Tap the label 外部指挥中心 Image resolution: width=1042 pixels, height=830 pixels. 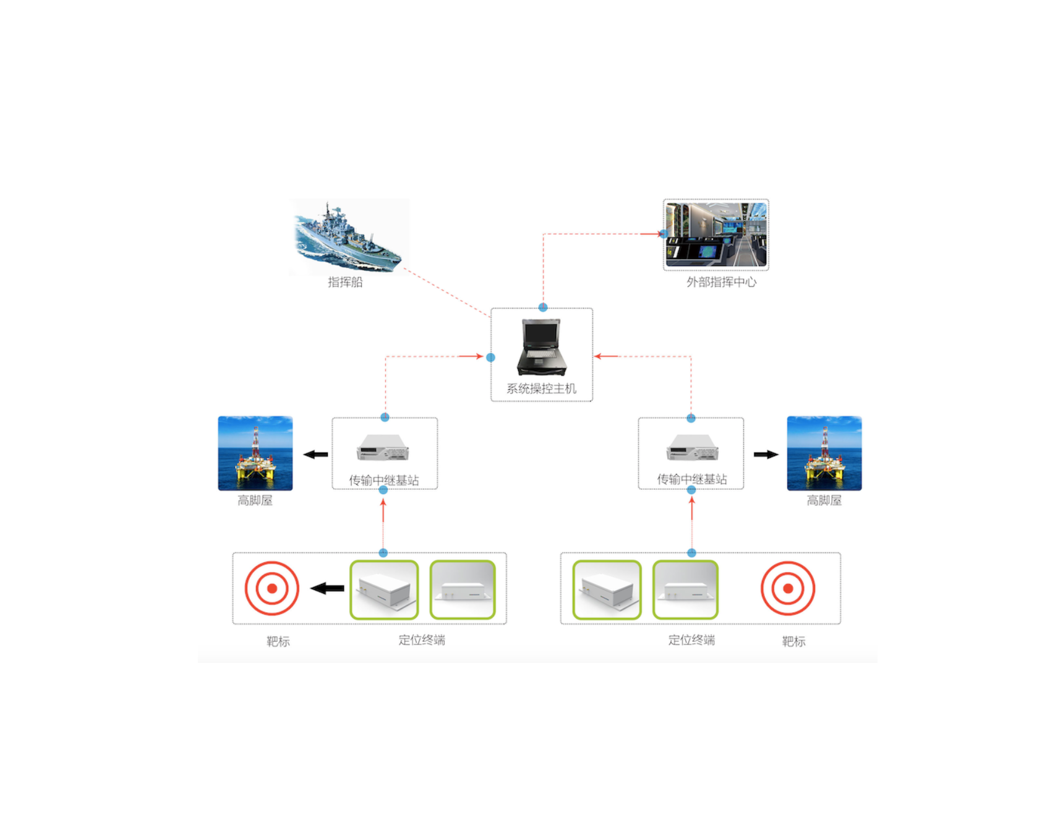point(721,282)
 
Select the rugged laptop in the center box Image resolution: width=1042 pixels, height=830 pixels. point(542,346)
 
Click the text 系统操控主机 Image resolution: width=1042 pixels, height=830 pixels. point(541,388)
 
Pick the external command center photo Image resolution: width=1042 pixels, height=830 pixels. point(716,234)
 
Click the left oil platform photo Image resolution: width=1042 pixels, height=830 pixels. point(255,453)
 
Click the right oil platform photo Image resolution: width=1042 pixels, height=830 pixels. point(824,453)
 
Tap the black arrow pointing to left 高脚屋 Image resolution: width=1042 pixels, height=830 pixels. point(316,455)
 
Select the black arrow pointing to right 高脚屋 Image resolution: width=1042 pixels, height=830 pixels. point(766,455)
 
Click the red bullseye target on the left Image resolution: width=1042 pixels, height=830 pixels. point(272,588)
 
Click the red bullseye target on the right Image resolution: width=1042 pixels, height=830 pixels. point(788,588)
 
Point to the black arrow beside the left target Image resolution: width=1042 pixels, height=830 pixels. point(327,588)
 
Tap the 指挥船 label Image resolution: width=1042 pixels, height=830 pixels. point(345,282)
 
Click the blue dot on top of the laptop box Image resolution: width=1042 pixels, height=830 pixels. point(543,307)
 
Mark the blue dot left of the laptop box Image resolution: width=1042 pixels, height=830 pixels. point(490,357)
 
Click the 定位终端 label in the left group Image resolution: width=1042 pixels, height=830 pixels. point(422,640)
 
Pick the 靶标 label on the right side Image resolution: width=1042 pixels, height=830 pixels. point(793,641)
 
